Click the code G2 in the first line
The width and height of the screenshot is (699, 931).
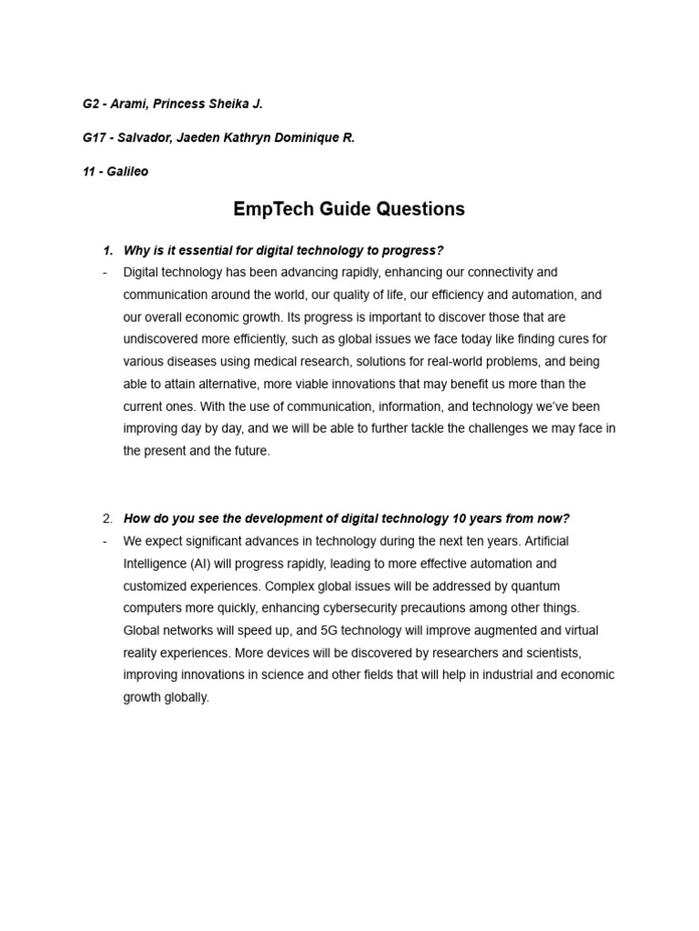(x=91, y=104)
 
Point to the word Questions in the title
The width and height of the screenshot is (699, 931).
(x=420, y=209)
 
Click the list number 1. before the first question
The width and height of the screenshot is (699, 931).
(x=107, y=250)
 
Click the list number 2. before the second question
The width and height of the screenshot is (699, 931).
(x=107, y=518)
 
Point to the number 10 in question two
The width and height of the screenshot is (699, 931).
(x=459, y=518)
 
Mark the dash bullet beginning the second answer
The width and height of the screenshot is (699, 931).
(x=106, y=541)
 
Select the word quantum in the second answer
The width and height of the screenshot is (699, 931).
(x=537, y=586)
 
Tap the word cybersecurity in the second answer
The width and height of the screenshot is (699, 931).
(x=398, y=607)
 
